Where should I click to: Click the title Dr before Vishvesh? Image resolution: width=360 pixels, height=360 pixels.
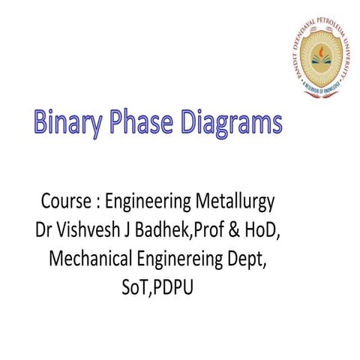point(46,230)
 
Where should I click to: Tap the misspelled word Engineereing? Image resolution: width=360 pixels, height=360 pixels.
point(187,259)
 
